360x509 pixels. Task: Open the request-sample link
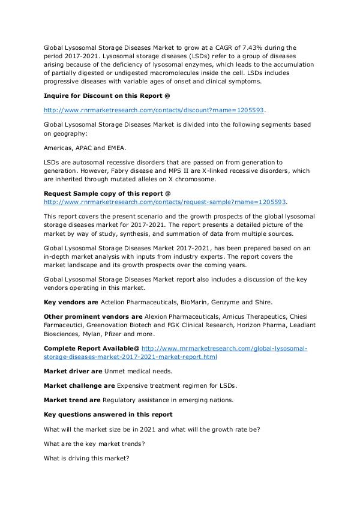tap(165, 202)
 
